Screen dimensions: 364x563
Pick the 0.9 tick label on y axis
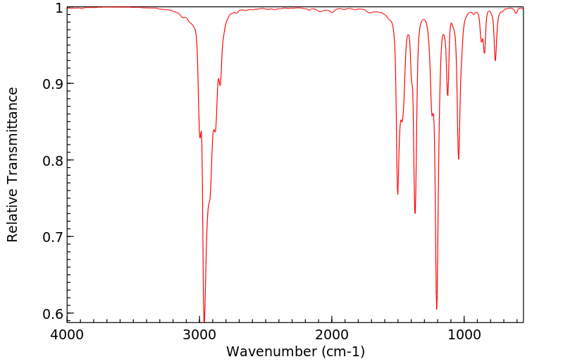pyautogui.click(x=51, y=84)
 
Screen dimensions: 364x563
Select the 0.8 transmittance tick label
pyautogui.click(x=51, y=160)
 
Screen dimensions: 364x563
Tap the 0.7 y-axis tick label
pyautogui.click(x=51, y=236)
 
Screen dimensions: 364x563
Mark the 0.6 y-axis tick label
pyautogui.click(x=51, y=313)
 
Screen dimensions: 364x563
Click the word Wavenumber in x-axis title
pyautogui.click(x=270, y=351)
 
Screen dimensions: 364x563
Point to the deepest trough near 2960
pyautogui.click(x=204, y=320)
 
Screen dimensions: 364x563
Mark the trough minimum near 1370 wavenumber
pyautogui.click(x=415, y=213)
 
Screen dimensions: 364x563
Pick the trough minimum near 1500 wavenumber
pyautogui.click(x=398, y=194)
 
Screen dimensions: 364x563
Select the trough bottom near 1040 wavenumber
pyautogui.click(x=459, y=159)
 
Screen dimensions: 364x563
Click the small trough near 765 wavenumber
pyautogui.click(x=495, y=61)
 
